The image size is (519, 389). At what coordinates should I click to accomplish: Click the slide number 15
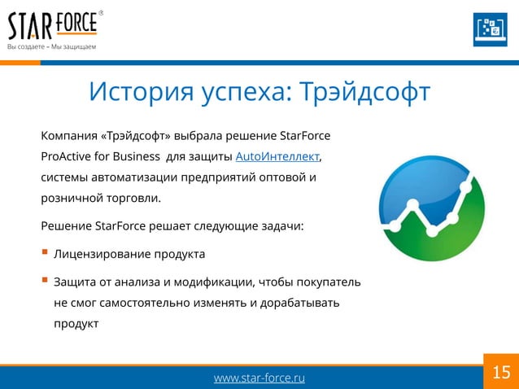501,373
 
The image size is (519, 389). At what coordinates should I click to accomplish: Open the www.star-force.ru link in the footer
259,378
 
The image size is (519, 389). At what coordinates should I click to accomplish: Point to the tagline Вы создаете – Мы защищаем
52,46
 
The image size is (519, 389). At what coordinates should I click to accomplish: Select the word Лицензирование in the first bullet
102,254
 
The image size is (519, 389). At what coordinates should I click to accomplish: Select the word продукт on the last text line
76,324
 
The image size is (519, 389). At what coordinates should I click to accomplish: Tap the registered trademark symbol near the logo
101,13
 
